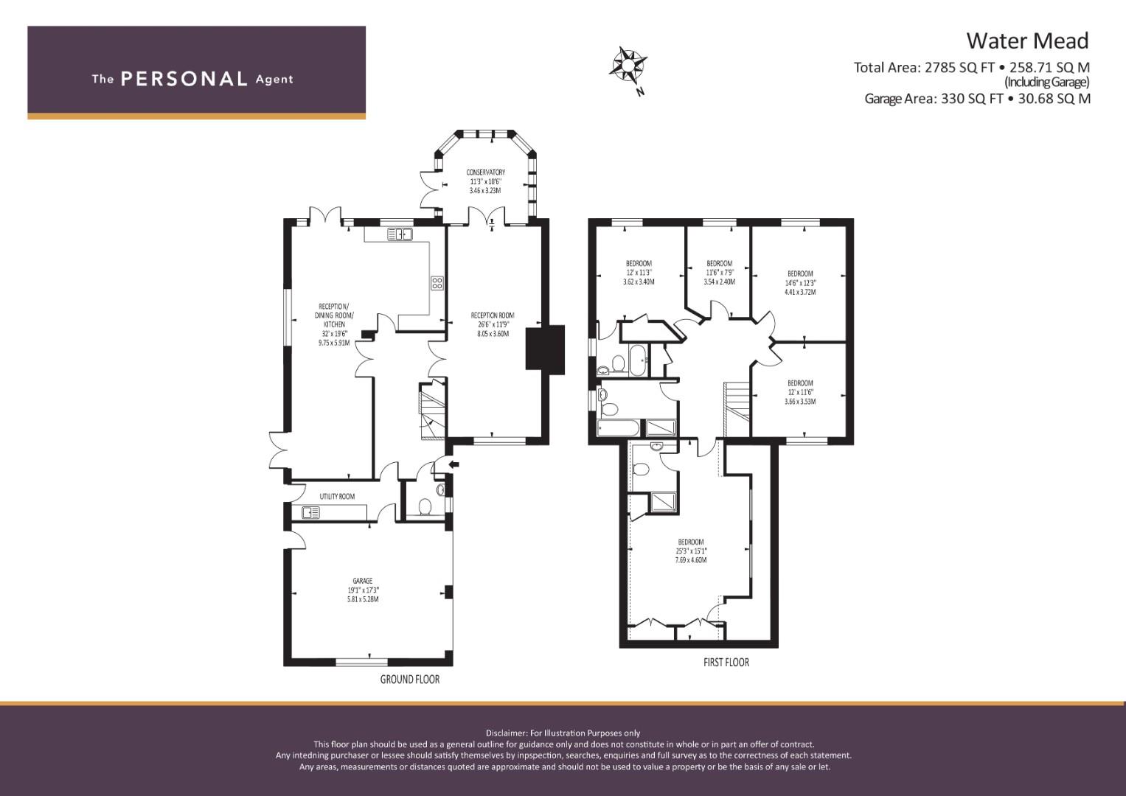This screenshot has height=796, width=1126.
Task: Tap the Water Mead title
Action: point(1027,41)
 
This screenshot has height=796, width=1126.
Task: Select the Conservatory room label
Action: point(485,181)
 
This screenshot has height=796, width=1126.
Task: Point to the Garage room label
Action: point(363,590)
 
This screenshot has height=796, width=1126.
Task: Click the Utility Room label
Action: point(337,497)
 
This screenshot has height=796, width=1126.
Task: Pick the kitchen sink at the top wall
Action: point(400,234)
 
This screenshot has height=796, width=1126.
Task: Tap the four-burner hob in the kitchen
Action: point(437,283)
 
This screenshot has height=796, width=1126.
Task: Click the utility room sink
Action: point(310,512)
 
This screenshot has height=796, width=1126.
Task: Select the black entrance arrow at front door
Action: point(453,464)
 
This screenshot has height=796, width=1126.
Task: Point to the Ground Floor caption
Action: point(410,680)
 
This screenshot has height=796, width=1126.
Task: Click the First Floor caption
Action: point(726,663)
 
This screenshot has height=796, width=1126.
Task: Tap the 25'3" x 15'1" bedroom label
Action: point(691,551)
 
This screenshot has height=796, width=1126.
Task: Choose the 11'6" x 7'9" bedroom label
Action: point(720,273)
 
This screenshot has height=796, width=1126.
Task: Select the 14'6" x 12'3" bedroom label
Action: point(800,283)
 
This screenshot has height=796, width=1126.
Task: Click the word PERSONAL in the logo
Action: point(184,79)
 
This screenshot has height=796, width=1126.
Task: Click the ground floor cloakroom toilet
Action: point(425,506)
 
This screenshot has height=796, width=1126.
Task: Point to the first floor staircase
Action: point(737,409)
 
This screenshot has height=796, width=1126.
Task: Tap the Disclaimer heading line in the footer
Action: point(563,733)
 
